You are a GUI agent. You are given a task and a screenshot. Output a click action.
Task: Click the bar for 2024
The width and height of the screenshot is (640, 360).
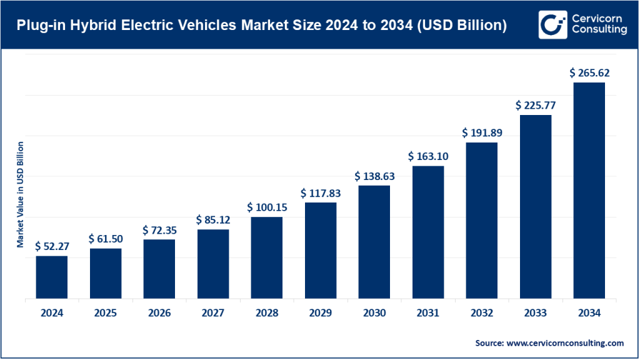pos(51,277)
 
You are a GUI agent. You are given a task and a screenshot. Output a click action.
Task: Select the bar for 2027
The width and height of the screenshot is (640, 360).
pos(213,264)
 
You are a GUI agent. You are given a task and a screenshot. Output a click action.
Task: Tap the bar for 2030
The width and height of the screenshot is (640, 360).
pos(374,242)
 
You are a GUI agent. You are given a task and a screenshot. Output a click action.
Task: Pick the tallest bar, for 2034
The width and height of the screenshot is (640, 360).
pos(589,190)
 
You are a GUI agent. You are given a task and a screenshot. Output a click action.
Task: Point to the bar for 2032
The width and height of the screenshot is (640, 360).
pos(481,220)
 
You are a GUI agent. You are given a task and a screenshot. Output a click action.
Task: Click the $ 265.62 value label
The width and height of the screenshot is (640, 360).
pos(589,73)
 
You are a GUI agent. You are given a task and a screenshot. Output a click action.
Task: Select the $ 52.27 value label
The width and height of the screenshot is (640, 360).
pos(51,246)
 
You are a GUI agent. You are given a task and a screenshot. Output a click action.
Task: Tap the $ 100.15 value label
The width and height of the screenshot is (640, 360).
pos(267,207)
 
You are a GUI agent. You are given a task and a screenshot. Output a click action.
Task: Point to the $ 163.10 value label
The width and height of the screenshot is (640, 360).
pos(428,156)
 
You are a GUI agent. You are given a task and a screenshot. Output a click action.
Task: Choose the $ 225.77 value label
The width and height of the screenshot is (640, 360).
pos(536,105)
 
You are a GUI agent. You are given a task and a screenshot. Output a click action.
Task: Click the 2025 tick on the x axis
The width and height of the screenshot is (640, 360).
pos(105,312)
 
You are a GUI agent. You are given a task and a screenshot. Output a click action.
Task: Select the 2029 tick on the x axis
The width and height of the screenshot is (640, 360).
pos(321,312)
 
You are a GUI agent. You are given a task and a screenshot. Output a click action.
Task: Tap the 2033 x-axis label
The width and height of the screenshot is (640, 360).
pos(536,312)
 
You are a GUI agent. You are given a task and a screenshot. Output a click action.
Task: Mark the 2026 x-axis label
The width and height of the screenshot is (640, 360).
pos(159,312)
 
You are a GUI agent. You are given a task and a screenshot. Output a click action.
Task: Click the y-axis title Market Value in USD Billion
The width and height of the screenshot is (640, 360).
pos(21,194)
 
